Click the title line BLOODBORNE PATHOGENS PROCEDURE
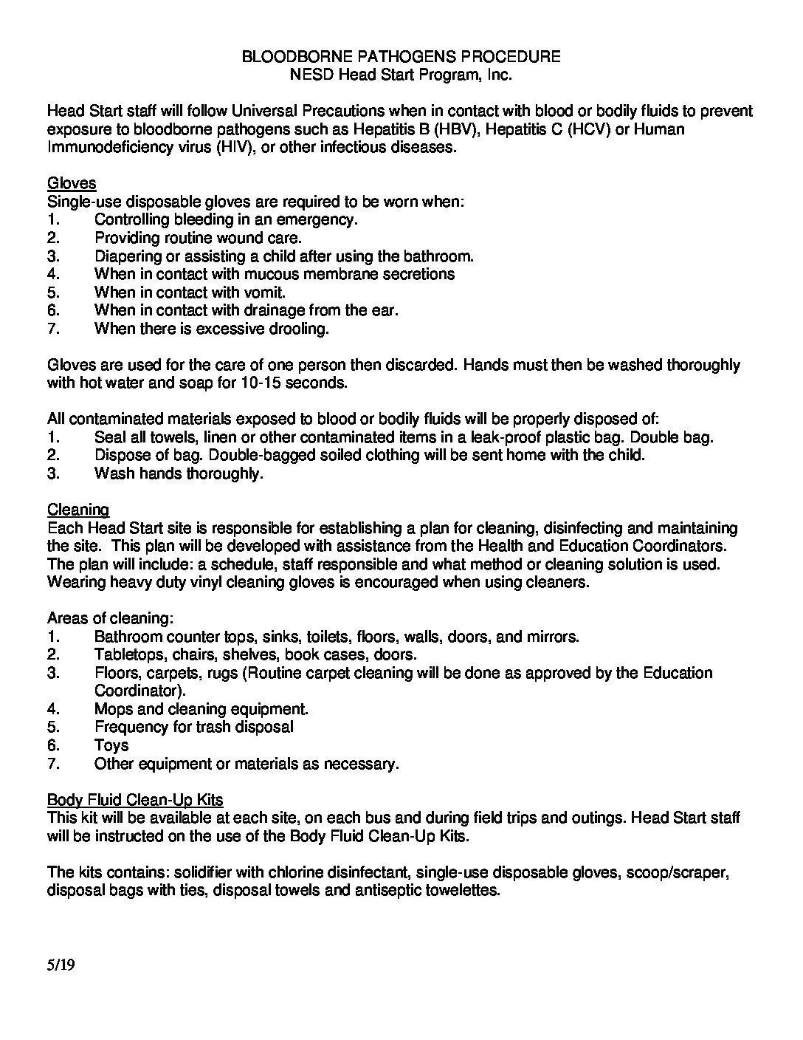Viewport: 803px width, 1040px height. [x=401, y=56]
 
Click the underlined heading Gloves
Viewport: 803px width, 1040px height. [x=72, y=183]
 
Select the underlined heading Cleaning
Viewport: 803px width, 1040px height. [x=78, y=510]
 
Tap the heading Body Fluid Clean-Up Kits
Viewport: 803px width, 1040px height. [x=135, y=800]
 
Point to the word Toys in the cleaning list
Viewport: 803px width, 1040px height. [x=111, y=745]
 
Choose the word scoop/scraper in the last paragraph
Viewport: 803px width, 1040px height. [x=678, y=872]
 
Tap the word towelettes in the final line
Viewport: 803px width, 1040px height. [x=463, y=891]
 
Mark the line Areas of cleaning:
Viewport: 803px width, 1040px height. [x=110, y=618]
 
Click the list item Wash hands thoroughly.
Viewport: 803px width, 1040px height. [x=179, y=473]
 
